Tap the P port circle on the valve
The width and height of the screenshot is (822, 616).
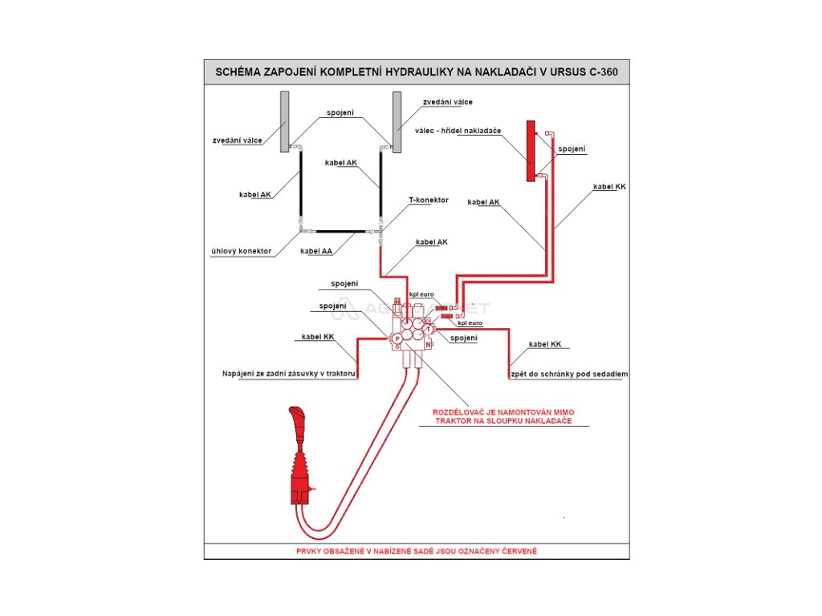click(397, 339)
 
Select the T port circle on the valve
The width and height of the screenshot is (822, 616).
click(429, 330)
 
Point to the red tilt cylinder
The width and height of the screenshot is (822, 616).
click(531, 151)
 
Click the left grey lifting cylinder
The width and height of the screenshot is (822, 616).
click(284, 121)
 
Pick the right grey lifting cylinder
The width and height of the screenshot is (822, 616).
click(397, 121)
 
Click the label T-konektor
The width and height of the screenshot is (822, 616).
click(428, 200)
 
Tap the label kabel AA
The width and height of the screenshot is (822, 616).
click(316, 251)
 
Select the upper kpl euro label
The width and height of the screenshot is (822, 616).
click(421, 294)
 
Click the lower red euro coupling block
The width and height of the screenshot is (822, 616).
click(447, 316)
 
